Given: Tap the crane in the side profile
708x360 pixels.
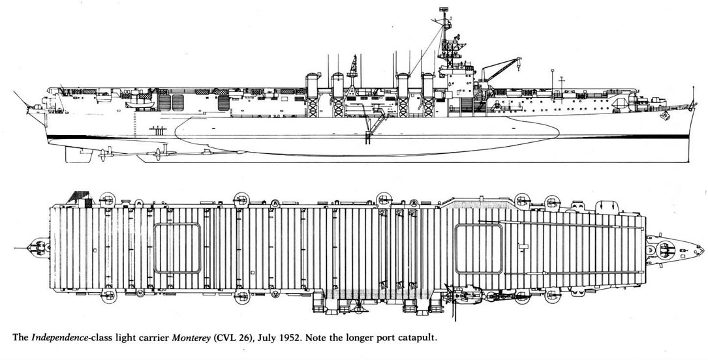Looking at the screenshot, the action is point(500,68).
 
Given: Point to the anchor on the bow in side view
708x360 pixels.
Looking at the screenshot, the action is point(664,116).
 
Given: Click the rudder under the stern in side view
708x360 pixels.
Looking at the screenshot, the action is point(78,154).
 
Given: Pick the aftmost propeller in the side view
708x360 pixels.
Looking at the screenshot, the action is point(102,154).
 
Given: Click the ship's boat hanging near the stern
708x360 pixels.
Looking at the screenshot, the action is point(140,104).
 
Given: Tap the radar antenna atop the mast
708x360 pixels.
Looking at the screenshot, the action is point(444,9).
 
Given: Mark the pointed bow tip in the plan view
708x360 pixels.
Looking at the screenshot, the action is point(702,248).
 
